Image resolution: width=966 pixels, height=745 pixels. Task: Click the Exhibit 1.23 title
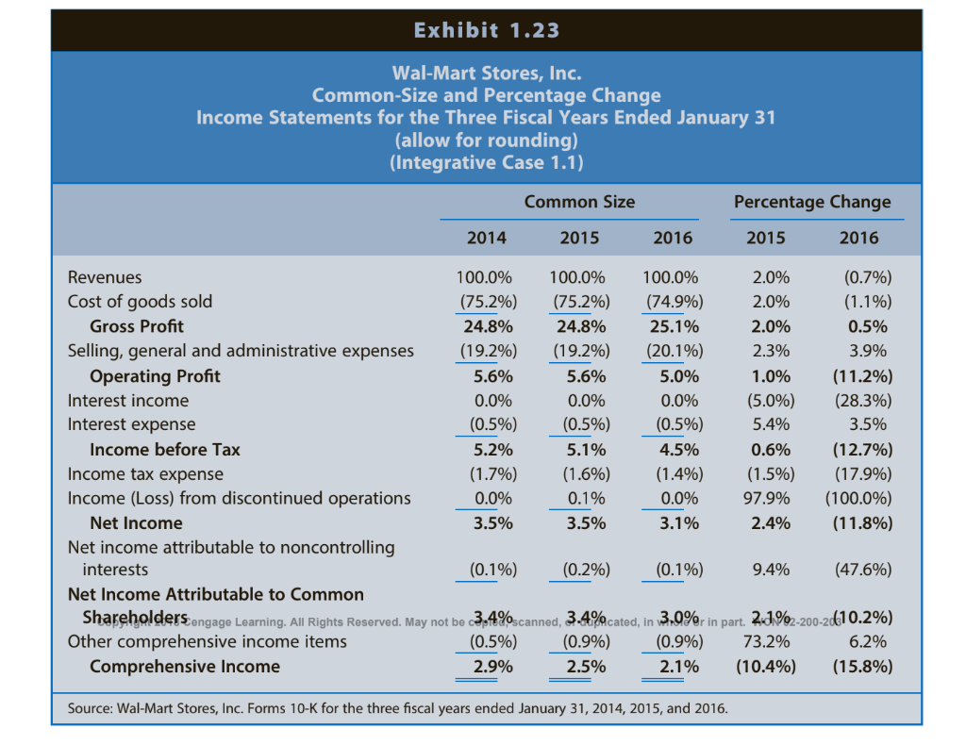[486, 30]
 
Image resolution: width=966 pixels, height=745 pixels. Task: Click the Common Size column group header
[579, 202]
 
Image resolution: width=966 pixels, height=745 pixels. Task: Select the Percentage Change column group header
[811, 202]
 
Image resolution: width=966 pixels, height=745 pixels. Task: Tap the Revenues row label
[105, 277]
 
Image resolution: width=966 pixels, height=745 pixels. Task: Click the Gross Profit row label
[137, 326]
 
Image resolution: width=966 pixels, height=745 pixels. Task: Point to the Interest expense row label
[131, 424]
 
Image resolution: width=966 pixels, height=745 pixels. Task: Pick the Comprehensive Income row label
[184, 667]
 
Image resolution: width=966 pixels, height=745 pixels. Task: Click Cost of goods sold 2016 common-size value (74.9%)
[672, 302]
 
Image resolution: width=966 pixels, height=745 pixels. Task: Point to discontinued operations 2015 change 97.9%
[766, 498]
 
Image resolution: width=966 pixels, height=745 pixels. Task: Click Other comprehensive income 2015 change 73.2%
[766, 642]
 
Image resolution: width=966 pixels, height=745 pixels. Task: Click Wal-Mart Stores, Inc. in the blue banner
[486, 73]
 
